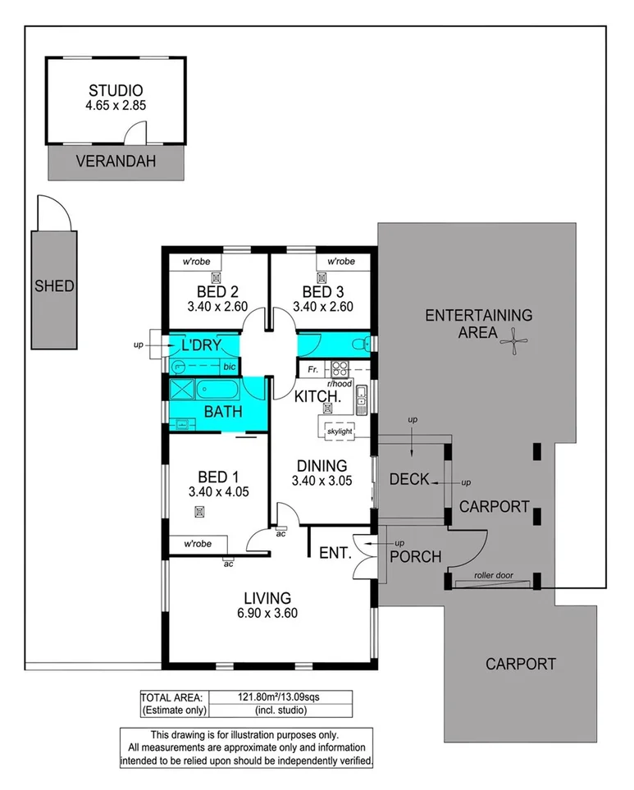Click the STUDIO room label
click(116, 90)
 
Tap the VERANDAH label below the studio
click(116, 162)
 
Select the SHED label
click(54, 286)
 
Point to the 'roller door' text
click(493, 576)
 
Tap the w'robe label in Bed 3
click(340, 262)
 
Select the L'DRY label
click(200, 345)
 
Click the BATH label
click(223, 411)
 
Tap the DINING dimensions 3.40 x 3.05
click(322, 482)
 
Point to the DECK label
click(409, 479)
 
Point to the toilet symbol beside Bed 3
click(357, 345)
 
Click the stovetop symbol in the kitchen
click(340, 369)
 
